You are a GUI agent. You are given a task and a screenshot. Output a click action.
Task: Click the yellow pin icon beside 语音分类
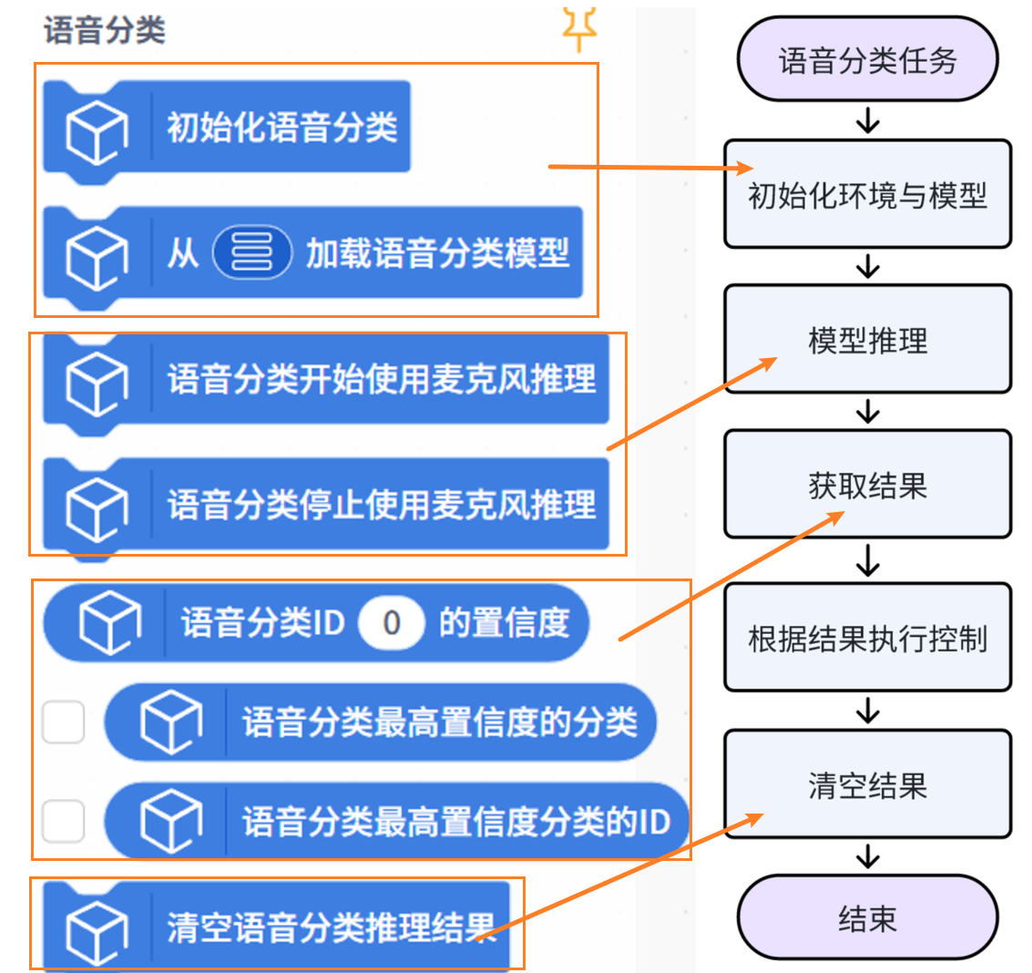click(x=578, y=27)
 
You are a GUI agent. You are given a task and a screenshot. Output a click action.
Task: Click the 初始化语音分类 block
click(x=281, y=128)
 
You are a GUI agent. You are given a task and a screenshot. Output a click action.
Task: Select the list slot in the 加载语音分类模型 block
click(x=251, y=251)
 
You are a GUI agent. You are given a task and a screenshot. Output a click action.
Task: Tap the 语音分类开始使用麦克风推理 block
click(x=381, y=378)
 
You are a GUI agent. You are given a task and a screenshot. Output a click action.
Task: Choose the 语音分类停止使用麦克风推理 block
click(x=381, y=504)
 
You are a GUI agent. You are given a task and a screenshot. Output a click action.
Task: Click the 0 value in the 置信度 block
click(x=392, y=623)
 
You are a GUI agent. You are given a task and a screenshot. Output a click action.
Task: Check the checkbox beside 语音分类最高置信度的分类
click(x=64, y=722)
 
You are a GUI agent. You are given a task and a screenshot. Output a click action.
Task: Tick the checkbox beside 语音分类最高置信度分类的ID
click(x=64, y=822)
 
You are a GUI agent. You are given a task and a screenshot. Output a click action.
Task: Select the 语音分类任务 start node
click(x=867, y=60)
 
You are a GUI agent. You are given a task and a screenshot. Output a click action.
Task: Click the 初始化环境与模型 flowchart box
click(x=867, y=194)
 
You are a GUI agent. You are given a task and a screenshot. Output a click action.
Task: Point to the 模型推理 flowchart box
click(x=867, y=340)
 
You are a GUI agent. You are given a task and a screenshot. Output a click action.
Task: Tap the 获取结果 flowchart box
click(x=867, y=485)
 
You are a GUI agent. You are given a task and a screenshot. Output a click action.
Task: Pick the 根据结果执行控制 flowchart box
click(x=867, y=638)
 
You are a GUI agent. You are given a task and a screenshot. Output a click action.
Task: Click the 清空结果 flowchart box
click(x=867, y=784)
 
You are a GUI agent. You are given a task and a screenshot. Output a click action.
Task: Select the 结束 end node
click(x=867, y=918)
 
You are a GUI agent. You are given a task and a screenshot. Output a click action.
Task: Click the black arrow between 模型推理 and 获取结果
click(x=868, y=412)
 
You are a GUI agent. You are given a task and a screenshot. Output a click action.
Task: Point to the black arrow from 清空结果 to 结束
click(x=868, y=856)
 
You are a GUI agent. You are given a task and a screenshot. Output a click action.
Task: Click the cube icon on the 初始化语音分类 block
click(x=97, y=130)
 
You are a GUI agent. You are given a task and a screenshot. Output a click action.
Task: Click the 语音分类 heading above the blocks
click(x=105, y=30)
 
